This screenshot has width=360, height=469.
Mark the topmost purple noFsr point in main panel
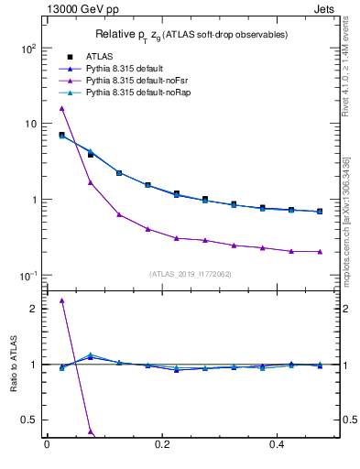pyautogui.click(x=61, y=108)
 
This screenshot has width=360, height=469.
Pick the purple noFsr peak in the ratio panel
pyautogui.click(x=61, y=300)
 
